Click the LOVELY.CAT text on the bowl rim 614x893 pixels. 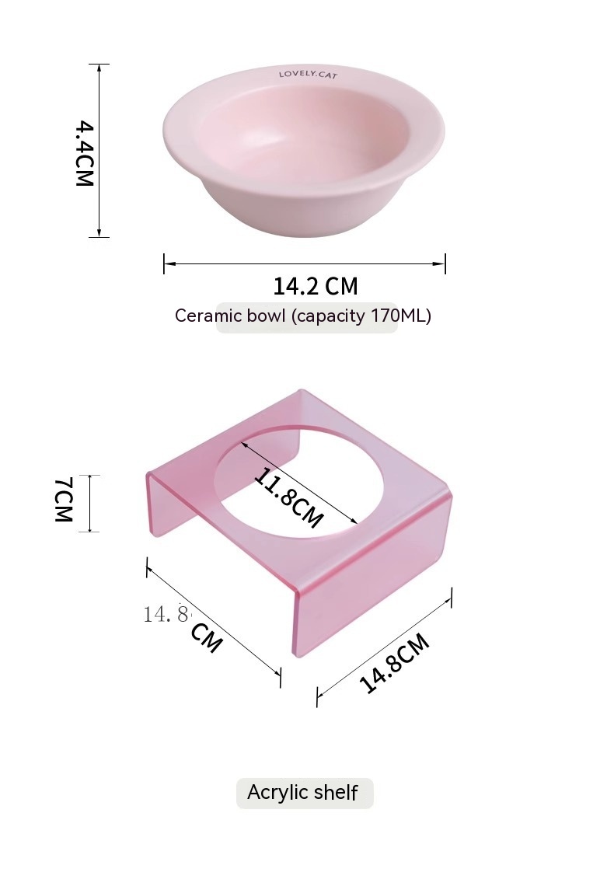[x=308, y=74]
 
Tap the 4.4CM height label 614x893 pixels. [x=84, y=153]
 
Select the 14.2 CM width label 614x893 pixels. [x=316, y=286]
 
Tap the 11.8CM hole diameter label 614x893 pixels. [x=288, y=497]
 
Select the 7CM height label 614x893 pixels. [x=63, y=500]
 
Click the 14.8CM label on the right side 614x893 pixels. [x=394, y=663]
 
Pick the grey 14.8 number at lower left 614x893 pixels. [x=166, y=615]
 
